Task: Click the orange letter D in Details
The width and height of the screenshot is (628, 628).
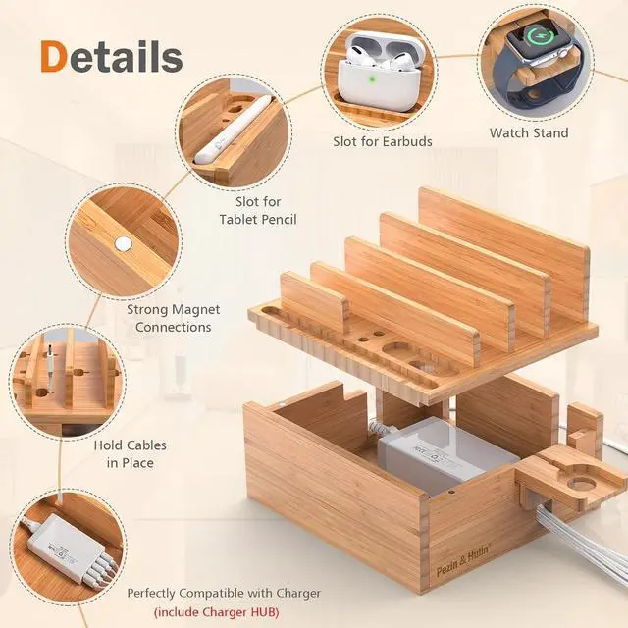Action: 58,56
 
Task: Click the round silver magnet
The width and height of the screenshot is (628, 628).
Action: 123,243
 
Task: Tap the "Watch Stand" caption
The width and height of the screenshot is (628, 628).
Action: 529,132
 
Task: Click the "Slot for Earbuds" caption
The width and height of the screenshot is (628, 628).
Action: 382,141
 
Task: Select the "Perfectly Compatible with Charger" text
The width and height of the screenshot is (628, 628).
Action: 224,593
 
